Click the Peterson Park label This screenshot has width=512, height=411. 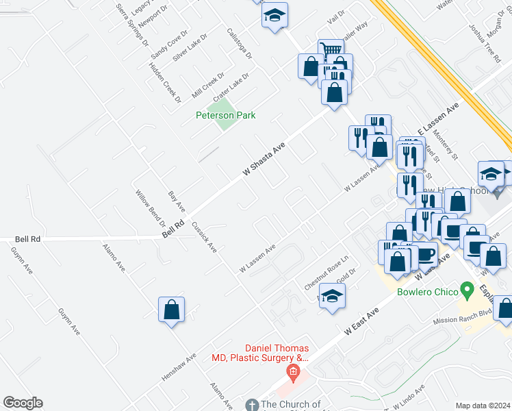225,115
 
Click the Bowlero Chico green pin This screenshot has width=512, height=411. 468,291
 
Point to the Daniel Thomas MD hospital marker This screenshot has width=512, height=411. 292,373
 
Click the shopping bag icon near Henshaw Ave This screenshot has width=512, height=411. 171,310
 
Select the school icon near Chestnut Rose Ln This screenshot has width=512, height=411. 333,296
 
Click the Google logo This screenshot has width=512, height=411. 23,403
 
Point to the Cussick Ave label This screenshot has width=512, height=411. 204,237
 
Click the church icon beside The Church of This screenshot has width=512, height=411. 251,405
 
